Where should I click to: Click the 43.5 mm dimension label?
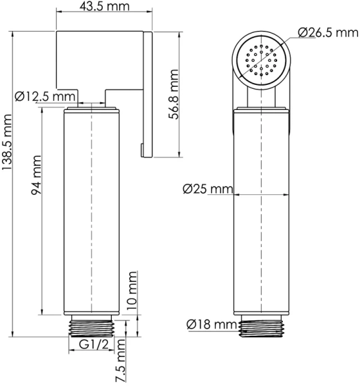[x=105, y=8]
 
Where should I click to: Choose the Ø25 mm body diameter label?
[x=206, y=188]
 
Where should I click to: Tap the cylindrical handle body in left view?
[x=93, y=212]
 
